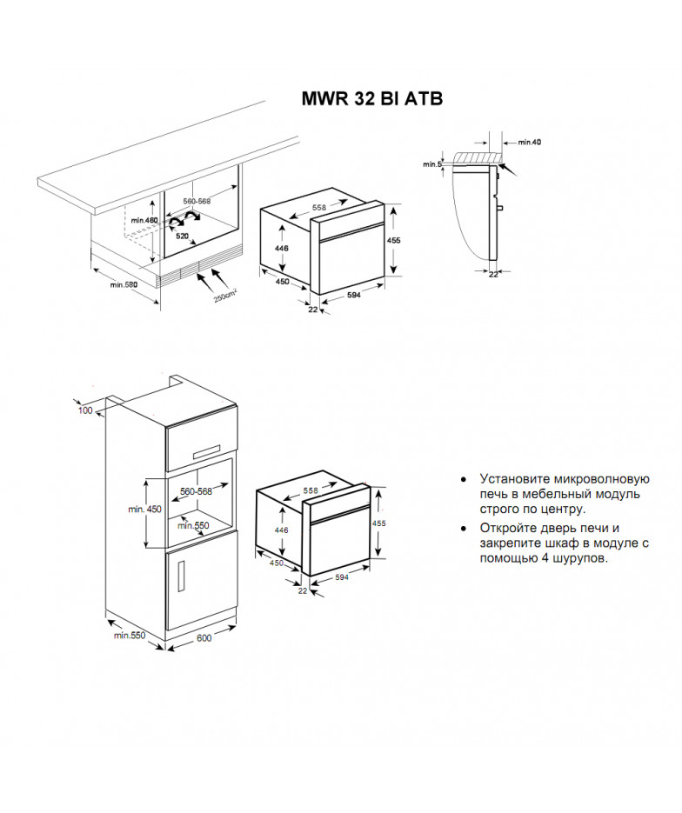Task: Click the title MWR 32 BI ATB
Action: [x=371, y=98]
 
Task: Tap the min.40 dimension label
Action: [x=530, y=142]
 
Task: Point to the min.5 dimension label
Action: [x=432, y=164]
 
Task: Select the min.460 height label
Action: [x=144, y=220]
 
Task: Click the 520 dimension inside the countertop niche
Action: [x=182, y=236]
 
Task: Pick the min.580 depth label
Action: [x=124, y=284]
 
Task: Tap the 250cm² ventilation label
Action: [x=225, y=296]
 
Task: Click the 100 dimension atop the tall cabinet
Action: [x=85, y=410]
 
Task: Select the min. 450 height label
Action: [x=144, y=510]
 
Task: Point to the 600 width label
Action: [x=204, y=637]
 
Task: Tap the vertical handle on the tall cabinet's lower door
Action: [x=182, y=576]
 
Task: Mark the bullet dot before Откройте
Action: [x=464, y=529]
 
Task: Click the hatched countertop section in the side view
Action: [x=478, y=157]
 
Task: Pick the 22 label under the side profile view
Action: [x=493, y=274]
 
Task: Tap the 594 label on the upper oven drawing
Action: [x=354, y=295]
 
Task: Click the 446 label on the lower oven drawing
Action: [x=281, y=530]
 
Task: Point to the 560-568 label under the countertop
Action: [x=197, y=201]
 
